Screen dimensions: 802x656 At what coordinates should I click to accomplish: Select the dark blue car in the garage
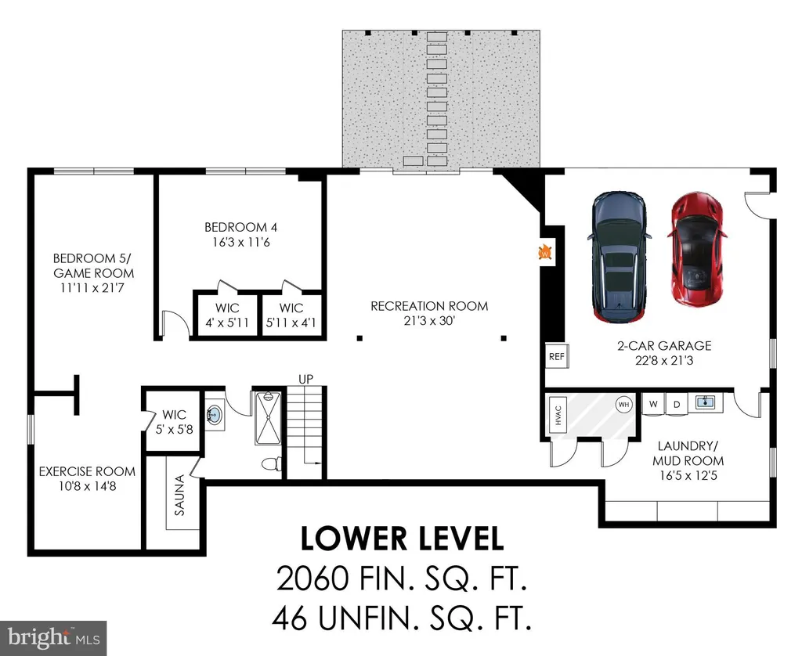point(620,258)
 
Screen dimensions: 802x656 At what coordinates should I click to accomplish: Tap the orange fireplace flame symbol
point(545,252)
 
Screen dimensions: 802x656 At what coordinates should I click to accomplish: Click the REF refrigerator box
point(557,356)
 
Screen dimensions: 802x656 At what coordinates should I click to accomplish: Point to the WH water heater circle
point(623,405)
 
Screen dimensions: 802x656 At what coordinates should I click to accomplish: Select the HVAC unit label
point(558,415)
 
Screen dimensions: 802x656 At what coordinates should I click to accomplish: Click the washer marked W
point(653,404)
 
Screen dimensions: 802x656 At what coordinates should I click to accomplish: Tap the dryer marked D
point(677,405)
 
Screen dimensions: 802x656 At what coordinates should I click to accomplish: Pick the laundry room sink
point(706,402)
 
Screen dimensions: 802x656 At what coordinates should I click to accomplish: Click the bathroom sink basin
point(215,414)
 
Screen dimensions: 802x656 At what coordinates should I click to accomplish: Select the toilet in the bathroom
point(270,464)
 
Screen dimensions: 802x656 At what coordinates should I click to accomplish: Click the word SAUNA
point(179,495)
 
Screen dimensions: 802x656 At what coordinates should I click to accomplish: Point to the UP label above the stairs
point(306,379)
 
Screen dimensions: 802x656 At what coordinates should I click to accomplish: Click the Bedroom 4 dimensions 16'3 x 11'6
point(241,243)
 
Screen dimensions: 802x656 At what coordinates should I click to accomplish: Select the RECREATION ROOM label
point(429,306)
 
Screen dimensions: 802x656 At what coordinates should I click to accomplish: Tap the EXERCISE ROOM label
point(87,471)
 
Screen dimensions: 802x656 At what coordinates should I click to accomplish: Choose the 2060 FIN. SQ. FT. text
point(402,579)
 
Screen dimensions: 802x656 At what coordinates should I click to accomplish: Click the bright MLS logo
point(53,637)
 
